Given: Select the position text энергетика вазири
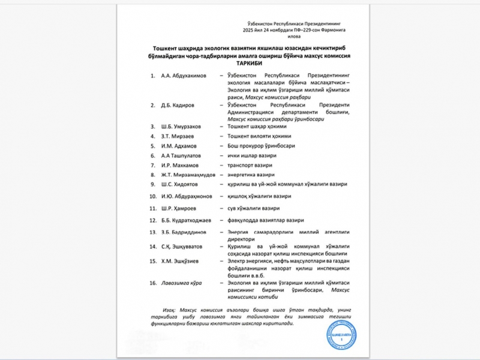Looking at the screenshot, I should coord(251,175).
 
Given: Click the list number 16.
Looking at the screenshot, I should coord(153,282).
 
